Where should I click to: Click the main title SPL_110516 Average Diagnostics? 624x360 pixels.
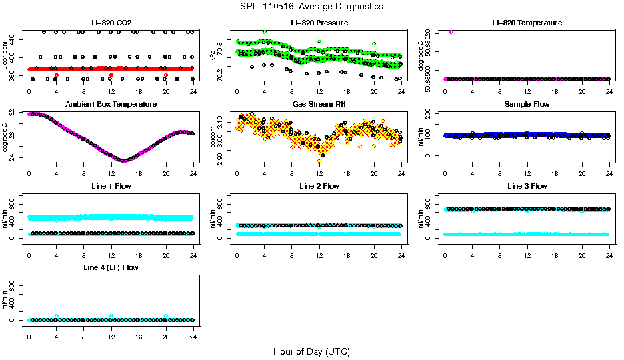click(x=311, y=6)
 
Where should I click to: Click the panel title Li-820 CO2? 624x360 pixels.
click(x=111, y=23)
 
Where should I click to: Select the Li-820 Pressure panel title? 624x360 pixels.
click(x=319, y=23)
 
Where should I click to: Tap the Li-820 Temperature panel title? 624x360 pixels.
click(x=527, y=23)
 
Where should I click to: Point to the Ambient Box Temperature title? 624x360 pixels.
click(x=111, y=104)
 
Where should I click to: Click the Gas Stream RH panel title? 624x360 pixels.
click(x=319, y=104)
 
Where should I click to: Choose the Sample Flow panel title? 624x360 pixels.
click(x=527, y=104)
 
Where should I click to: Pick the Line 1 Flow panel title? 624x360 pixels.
click(x=111, y=186)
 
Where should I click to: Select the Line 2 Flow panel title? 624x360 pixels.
click(x=319, y=186)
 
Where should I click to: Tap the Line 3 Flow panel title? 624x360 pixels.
click(x=527, y=186)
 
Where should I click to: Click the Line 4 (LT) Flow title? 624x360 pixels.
click(x=111, y=267)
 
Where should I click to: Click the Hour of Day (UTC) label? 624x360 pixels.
click(x=311, y=351)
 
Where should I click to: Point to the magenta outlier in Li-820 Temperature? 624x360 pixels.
click(x=451, y=31)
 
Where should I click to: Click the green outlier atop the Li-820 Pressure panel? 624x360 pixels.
click(x=265, y=32)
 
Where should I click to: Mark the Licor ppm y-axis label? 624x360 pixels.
click(x=6, y=55)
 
